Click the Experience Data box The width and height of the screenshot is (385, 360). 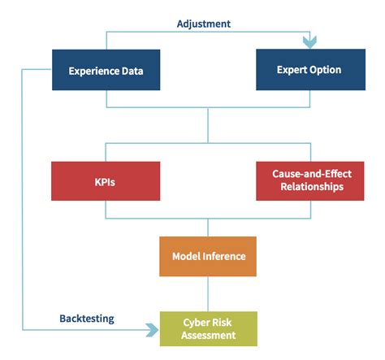click(x=106, y=70)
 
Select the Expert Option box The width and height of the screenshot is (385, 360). click(x=311, y=70)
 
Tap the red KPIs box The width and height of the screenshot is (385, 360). click(x=106, y=181)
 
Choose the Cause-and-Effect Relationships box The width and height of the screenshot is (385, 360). click(x=310, y=181)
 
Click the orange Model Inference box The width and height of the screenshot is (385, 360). click(x=208, y=257)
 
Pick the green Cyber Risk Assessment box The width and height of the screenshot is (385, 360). click(x=209, y=329)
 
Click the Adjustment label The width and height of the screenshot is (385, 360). click(x=204, y=24)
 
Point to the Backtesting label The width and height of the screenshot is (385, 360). click(x=87, y=319)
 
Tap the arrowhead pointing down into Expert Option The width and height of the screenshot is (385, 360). click(x=309, y=42)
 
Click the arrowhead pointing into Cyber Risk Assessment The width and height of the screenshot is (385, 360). click(x=153, y=330)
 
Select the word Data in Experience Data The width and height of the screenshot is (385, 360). click(x=132, y=71)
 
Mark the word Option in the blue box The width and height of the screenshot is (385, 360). click(x=326, y=70)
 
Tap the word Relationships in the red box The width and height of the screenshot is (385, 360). click(x=312, y=187)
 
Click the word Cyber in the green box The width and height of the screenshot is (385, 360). click(x=194, y=323)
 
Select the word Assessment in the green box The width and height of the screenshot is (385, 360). click(x=209, y=336)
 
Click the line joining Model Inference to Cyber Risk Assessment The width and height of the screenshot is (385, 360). click(x=208, y=294)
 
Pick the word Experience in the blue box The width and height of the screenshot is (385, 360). click(x=94, y=72)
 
